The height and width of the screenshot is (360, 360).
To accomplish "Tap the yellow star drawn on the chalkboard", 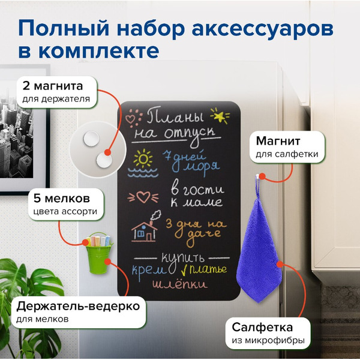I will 219,115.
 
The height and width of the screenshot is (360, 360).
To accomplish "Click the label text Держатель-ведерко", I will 77,307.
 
